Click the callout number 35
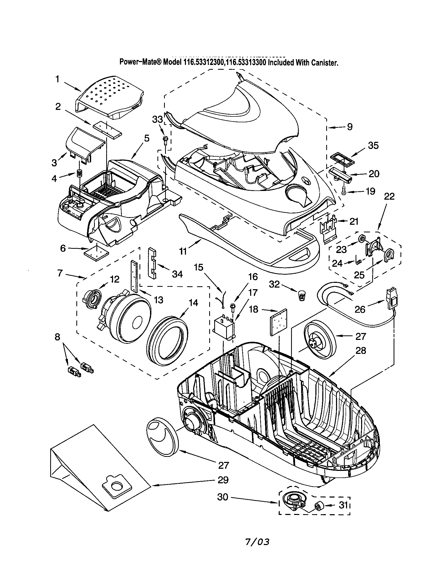point(373,146)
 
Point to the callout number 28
point(361,350)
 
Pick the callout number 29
point(223,480)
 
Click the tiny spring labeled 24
point(358,262)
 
